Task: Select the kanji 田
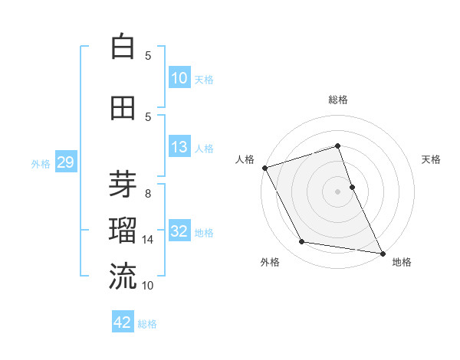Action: click(x=123, y=109)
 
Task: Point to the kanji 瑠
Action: click(x=123, y=230)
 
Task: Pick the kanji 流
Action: click(x=123, y=276)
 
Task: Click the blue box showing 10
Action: click(x=179, y=78)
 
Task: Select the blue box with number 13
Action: click(x=179, y=147)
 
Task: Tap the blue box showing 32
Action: click(x=179, y=231)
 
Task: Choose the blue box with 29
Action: click(x=65, y=162)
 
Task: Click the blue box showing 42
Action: click(x=123, y=322)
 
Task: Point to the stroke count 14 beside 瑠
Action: click(x=148, y=240)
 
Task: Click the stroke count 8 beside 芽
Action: click(x=148, y=194)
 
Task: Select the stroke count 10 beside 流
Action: click(x=148, y=286)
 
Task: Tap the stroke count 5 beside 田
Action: click(x=148, y=117)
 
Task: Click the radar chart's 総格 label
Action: click(x=337, y=100)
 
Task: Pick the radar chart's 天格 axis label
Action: click(x=431, y=159)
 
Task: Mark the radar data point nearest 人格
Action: click(x=264, y=168)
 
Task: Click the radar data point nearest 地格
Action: click(x=382, y=252)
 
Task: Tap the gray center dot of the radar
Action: click(x=337, y=191)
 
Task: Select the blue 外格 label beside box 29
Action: click(x=41, y=163)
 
